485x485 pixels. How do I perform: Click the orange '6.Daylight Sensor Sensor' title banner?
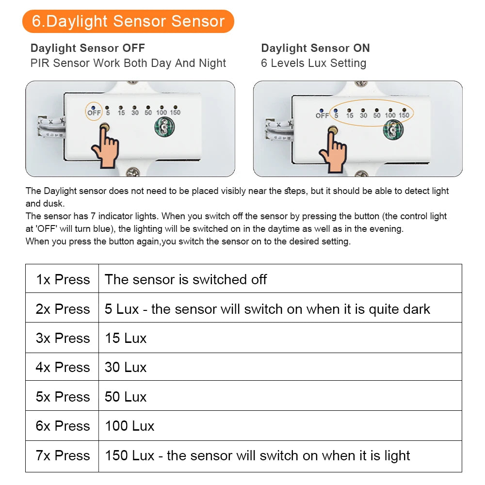(128, 21)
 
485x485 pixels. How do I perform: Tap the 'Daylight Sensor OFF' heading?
(88, 48)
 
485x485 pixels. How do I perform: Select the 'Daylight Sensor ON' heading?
(315, 48)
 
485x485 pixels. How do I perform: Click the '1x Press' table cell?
(63, 279)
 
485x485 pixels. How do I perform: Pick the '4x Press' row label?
(63, 367)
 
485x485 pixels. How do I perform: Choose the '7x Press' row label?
(63, 455)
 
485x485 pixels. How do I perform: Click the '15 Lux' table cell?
(126, 338)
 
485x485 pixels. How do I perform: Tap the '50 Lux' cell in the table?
(126, 397)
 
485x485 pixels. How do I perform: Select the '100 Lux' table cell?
(129, 426)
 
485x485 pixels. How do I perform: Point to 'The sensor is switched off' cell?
(186, 279)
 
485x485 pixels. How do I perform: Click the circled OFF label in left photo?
(94, 112)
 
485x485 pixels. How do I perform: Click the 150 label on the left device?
(175, 113)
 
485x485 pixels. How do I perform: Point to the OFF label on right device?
(322, 115)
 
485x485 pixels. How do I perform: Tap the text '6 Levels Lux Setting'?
(313, 63)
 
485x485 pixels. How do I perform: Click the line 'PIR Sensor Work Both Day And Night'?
(128, 63)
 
